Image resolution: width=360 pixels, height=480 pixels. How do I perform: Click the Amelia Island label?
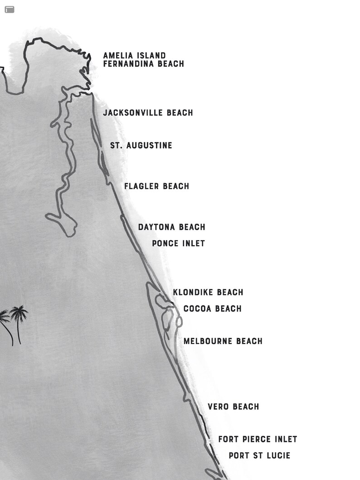(134, 56)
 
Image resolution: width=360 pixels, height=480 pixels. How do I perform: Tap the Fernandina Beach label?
(143, 64)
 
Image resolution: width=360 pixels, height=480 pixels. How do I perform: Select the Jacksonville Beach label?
(148, 112)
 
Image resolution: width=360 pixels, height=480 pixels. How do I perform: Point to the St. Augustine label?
(141, 145)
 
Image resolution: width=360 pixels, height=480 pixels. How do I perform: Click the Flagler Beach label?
(156, 186)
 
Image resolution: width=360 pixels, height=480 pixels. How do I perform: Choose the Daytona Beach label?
(171, 227)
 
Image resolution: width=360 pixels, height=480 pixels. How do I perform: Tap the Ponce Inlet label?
(178, 243)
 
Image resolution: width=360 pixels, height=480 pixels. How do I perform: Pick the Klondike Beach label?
(208, 292)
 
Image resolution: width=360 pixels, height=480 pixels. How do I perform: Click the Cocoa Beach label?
(212, 309)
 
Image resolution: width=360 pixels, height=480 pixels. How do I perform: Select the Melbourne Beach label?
(223, 341)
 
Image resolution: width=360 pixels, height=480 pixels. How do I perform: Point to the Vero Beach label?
(233, 407)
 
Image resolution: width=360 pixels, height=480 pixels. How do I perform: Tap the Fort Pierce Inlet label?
(258, 439)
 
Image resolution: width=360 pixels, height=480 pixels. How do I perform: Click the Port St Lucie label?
(259, 456)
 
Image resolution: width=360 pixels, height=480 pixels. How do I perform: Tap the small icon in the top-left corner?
(10, 10)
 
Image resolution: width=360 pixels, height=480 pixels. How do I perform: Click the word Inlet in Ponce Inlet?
(192, 243)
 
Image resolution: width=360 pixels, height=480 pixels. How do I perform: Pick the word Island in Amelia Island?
(150, 56)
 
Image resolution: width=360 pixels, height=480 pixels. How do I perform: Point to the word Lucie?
(277, 456)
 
